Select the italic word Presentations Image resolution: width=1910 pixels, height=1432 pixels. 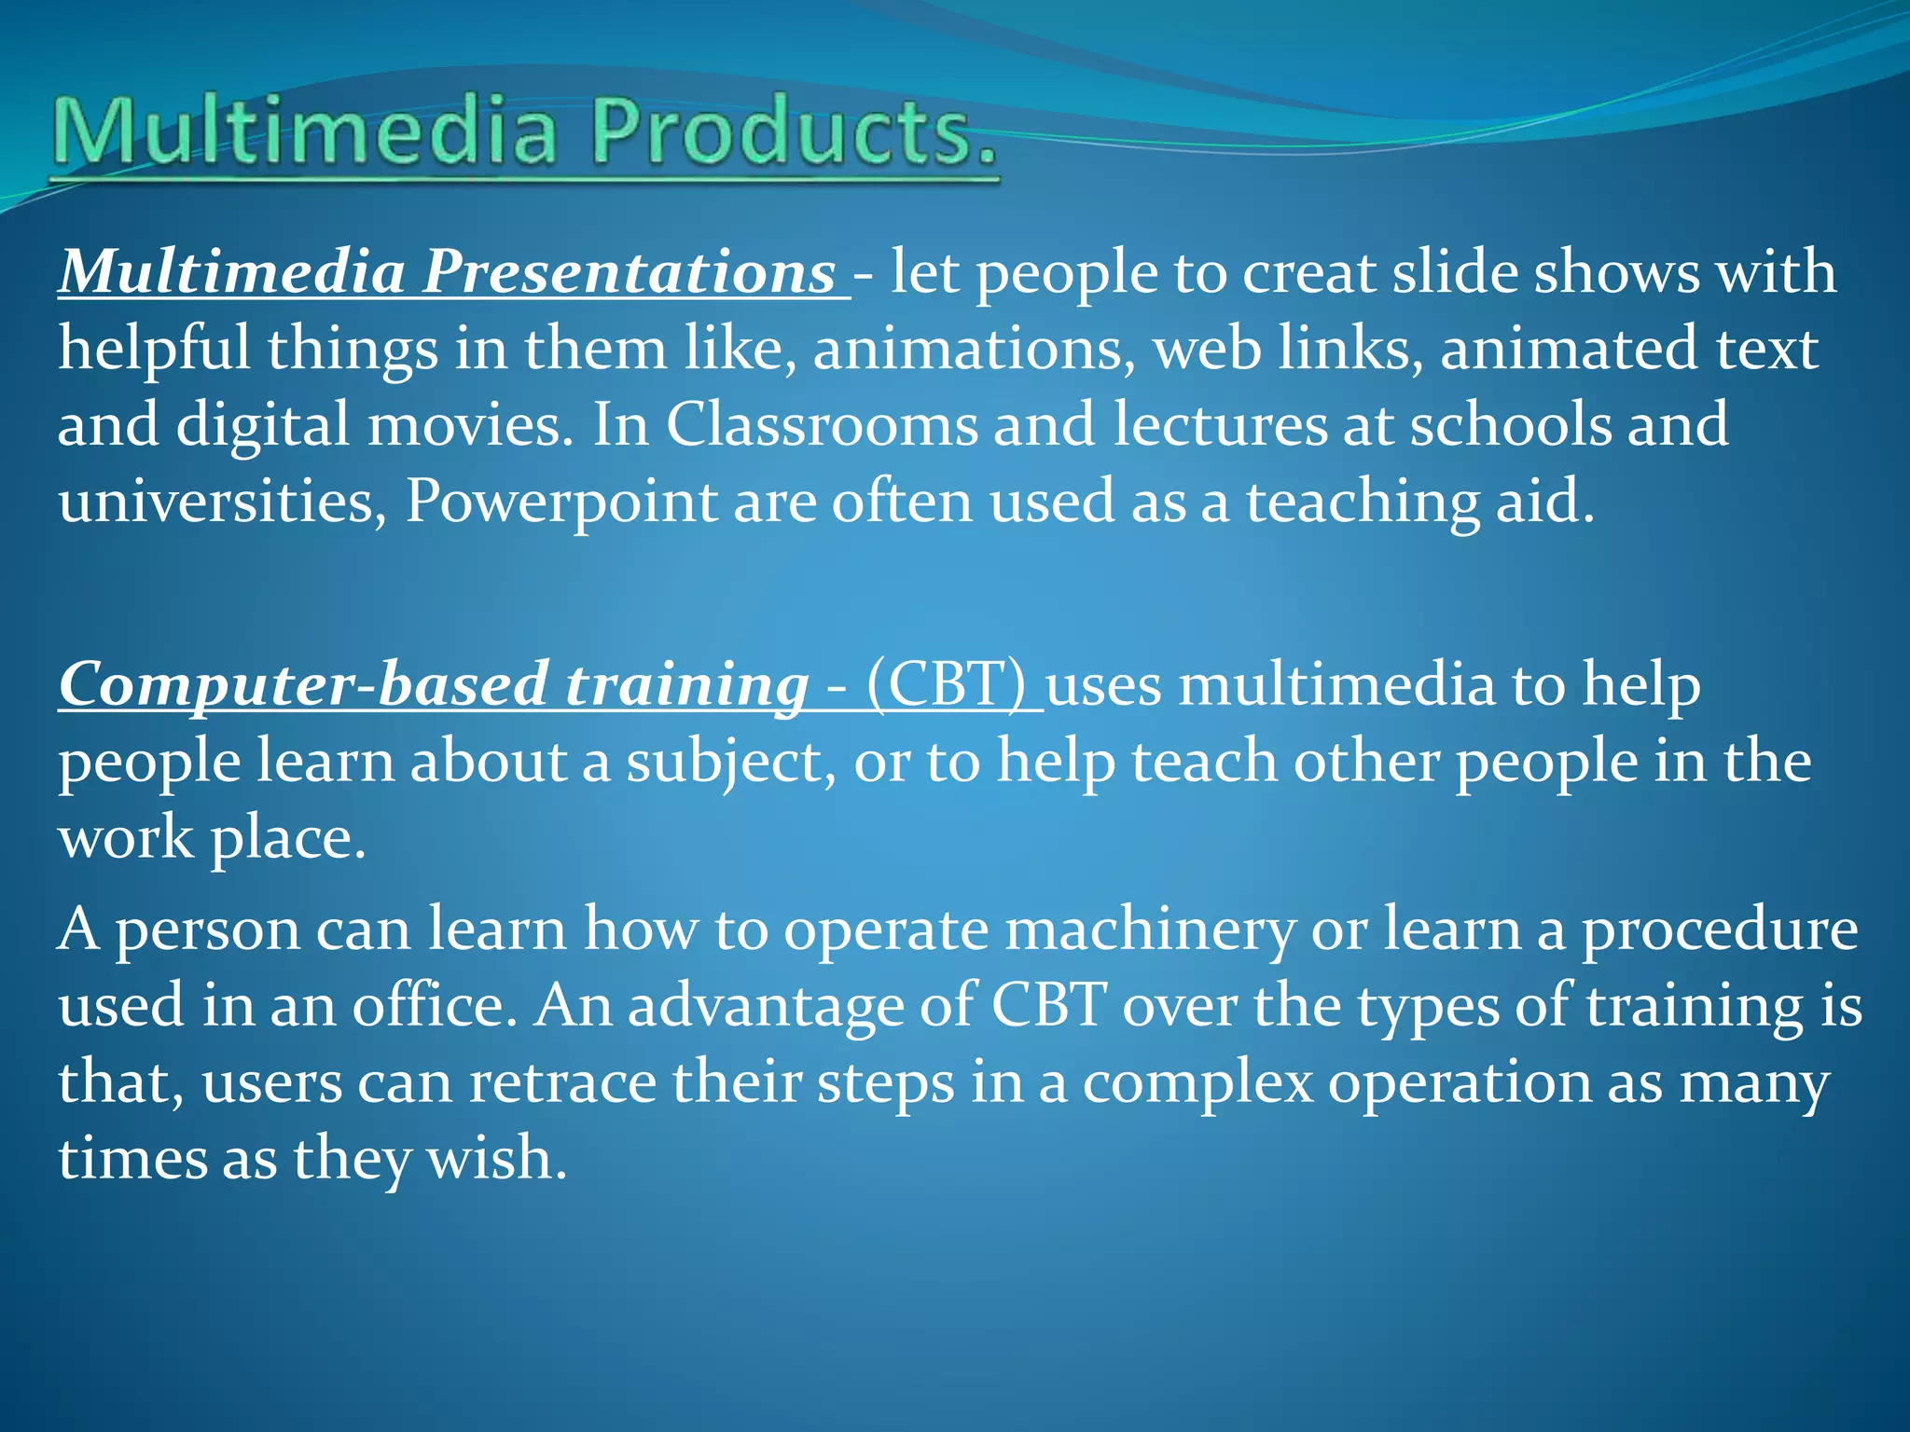pyautogui.click(x=630, y=272)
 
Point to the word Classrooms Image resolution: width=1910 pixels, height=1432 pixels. pyautogui.click(x=821, y=425)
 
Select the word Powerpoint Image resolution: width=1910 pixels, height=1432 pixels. pyautogui.click(x=561, y=502)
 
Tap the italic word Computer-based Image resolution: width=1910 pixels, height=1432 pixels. pyautogui.click(x=302, y=685)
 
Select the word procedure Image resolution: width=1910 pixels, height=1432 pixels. pyautogui.click(x=1719, y=930)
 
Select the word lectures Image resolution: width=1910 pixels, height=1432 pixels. pyautogui.click(x=1219, y=425)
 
